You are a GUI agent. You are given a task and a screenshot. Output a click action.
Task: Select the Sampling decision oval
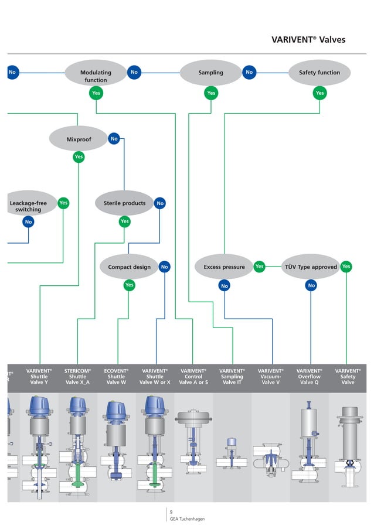[210, 73]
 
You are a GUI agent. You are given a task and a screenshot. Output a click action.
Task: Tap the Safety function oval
[319, 73]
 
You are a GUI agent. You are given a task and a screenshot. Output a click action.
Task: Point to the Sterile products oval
[124, 203]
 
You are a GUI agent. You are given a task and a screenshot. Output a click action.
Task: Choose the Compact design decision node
[129, 267]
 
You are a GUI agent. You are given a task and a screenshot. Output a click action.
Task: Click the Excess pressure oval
[224, 267]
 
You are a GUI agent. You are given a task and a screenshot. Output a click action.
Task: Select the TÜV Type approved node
[311, 267]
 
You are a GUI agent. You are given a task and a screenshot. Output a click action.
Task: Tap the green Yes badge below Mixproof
[78, 157]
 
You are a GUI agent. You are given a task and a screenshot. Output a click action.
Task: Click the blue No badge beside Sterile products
[160, 204]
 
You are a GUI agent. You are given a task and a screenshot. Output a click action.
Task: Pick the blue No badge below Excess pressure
[224, 285]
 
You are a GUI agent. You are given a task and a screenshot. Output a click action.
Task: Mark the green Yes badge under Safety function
[319, 93]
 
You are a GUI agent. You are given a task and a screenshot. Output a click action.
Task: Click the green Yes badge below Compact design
[129, 285]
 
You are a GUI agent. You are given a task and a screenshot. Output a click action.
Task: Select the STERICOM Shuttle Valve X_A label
[78, 376]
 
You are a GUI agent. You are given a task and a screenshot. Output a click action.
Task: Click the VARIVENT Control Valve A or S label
[193, 376]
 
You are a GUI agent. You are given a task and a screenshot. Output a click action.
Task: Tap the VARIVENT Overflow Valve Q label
[309, 376]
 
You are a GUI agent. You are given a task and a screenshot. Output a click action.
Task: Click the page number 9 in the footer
[171, 512]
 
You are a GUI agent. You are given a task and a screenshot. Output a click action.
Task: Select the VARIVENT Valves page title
[308, 40]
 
